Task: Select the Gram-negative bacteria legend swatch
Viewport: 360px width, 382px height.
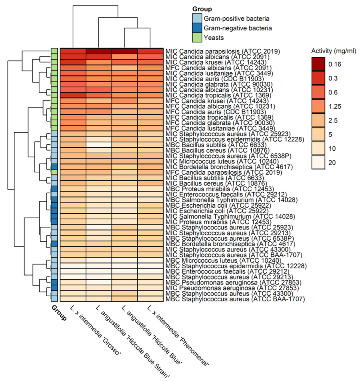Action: pyautogui.click(x=197, y=28)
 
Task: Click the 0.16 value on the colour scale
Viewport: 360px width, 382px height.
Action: pyautogui.click(x=334, y=64)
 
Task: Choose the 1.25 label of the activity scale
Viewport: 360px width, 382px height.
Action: pyautogui.click(x=334, y=106)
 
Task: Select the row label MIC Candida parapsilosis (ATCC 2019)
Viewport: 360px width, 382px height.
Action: pyautogui.click(x=223, y=51)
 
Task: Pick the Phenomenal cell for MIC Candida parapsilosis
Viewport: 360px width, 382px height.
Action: pyautogui.click(x=150, y=51)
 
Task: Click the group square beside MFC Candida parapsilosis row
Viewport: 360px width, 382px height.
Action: pyautogui.click(x=54, y=172)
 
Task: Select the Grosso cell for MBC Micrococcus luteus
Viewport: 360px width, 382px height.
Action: pyautogui.click(x=73, y=260)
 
